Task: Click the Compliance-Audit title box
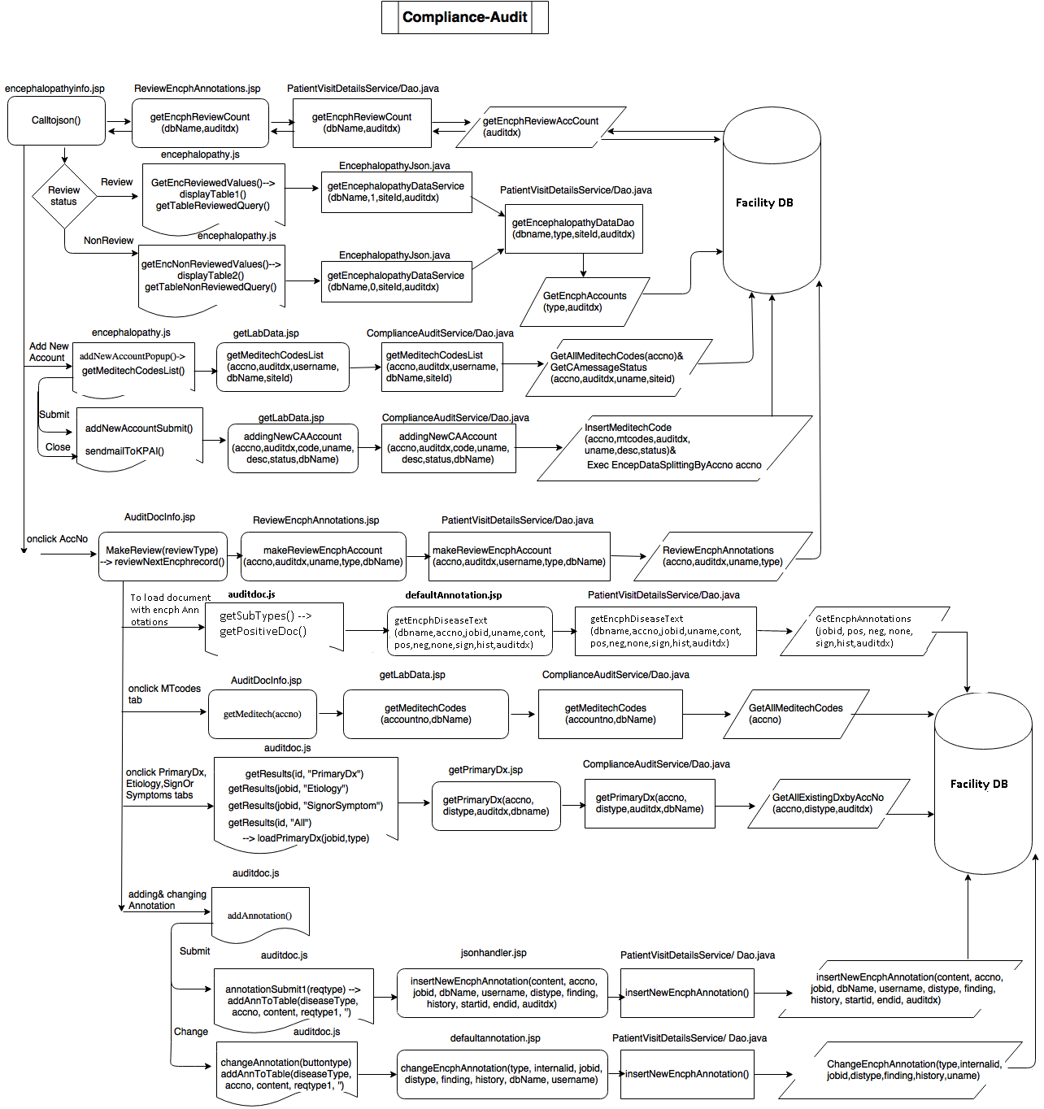[464, 17]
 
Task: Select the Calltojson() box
[56, 120]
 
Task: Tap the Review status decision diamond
[63, 196]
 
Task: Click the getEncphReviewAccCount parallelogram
[541, 127]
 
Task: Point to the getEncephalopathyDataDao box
[573, 228]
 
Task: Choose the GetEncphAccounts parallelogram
[585, 302]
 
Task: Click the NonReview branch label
[108, 241]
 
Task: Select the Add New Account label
[49, 352]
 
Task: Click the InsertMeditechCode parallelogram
[674, 447]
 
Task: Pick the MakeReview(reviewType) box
[162, 556]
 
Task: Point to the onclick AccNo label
[57, 539]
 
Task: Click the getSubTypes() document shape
[274, 626]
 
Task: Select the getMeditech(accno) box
[262, 714]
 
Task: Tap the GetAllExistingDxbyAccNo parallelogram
[828, 803]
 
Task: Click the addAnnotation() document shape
[260, 912]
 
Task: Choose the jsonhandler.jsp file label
[494, 953]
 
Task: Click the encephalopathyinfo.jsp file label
[54, 89]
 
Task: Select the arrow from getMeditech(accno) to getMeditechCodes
[330, 714]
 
